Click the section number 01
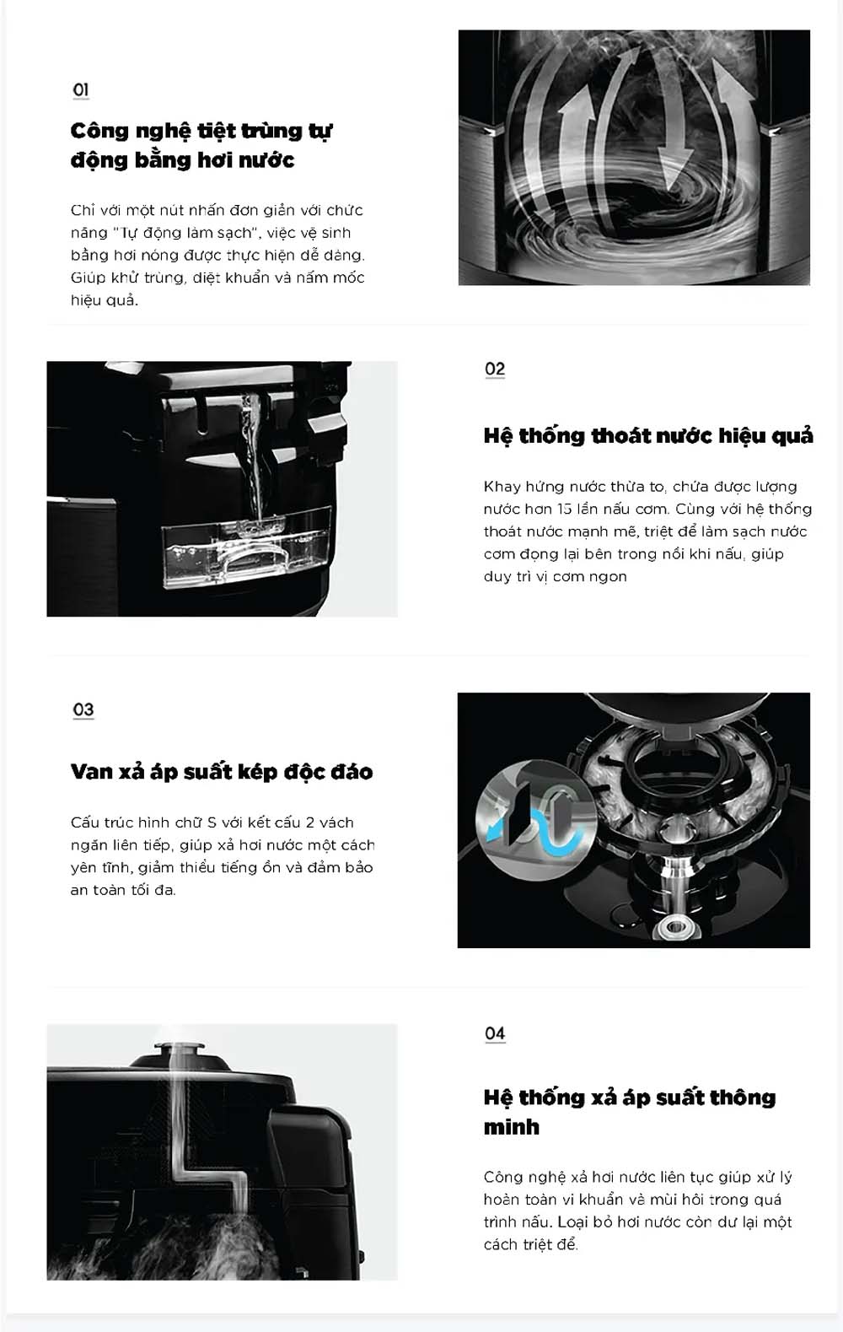[81, 89]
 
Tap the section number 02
[495, 369]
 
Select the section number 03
[83, 709]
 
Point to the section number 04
[495, 1033]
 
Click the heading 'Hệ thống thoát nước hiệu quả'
[648, 436]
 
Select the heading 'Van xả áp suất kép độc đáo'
[222, 771]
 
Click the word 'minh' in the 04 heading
[512, 1127]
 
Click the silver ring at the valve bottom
[675, 926]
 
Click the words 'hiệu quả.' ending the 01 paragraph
[105, 300]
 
